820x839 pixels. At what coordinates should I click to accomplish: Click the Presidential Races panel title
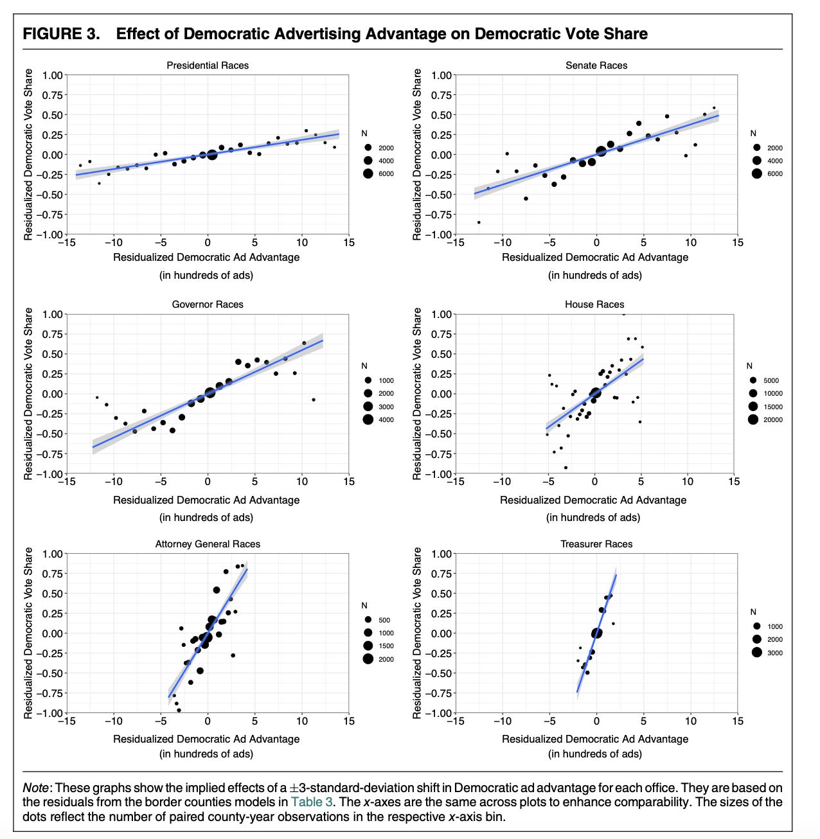pos(207,65)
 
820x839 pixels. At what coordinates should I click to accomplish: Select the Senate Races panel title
pos(596,65)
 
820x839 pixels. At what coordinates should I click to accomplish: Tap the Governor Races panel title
pos(207,305)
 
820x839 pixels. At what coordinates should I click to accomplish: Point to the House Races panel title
pos(594,305)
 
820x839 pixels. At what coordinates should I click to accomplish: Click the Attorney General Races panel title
pos(208,544)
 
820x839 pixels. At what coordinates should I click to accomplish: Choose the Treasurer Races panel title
pos(596,544)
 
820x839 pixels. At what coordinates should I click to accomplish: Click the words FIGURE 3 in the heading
pos(61,34)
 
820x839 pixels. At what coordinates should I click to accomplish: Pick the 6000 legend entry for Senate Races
pos(775,174)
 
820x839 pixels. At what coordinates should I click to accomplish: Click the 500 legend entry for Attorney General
pos(384,621)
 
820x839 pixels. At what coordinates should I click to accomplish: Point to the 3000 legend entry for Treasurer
pos(775,653)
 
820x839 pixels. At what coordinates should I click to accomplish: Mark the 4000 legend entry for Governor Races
pos(386,420)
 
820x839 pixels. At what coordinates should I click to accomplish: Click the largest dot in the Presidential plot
pos(212,154)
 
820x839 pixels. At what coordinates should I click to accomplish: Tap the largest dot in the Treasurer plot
pos(596,633)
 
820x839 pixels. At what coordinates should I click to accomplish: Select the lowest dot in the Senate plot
pos(479,222)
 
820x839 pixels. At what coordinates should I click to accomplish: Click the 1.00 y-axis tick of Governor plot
pos(53,315)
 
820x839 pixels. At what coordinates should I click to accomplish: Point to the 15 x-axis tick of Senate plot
pos(737,242)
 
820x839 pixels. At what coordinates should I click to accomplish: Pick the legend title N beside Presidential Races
pos(364,134)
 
